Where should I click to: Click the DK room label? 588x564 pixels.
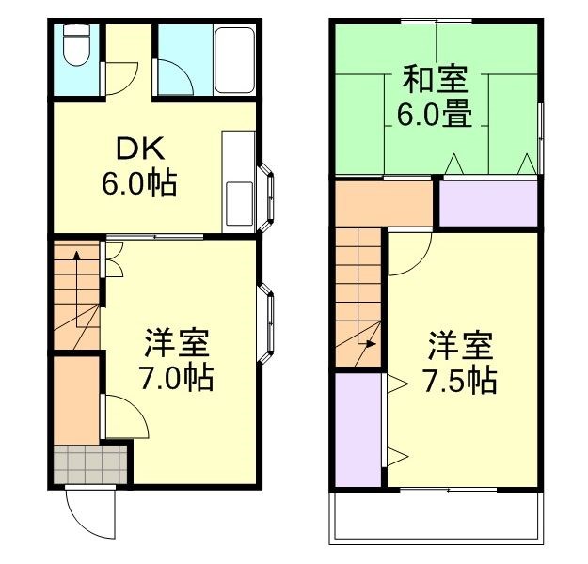[140, 148]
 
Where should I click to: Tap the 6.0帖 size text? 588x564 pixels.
[140, 182]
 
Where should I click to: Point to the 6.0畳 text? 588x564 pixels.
[435, 116]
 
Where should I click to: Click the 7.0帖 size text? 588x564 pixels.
[176, 379]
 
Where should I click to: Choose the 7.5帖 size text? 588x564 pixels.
[460, 381]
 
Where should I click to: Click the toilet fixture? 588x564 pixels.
[76, 47]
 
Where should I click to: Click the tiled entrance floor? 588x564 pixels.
[89, 464]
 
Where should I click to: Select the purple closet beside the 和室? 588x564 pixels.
[488, 204]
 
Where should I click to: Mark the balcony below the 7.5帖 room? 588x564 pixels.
[434, 518]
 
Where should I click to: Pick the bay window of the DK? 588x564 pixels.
[267, 198]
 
